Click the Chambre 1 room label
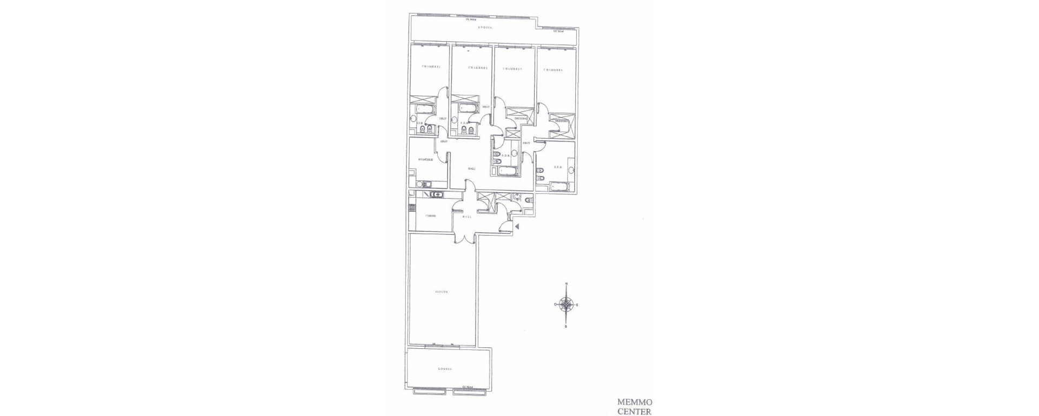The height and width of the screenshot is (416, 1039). (x=431, y=67)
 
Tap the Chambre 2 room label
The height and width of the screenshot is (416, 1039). (x=478, y=68)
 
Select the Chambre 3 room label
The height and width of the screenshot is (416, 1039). (x=512, y=69)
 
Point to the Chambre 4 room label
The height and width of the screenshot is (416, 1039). (x=554, y=70)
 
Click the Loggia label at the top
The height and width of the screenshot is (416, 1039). (x=485, y=27)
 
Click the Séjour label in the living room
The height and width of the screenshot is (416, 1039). (x=442, y=291)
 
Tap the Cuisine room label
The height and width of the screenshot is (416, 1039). (x=431, y=216)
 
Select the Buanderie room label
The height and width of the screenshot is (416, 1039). (x=425, y=160)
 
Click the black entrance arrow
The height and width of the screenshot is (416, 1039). (x=517, y=226)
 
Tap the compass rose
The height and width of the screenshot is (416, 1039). (x=566, y=305)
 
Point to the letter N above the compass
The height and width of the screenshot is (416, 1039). (x=566, y=284)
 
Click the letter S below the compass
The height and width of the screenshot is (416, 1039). (x=566, y=327)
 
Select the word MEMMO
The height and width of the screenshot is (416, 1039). (x=635, y=402)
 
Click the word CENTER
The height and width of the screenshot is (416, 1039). (x=635, y=411)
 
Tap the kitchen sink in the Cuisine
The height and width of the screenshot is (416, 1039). (x=436, y=195)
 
